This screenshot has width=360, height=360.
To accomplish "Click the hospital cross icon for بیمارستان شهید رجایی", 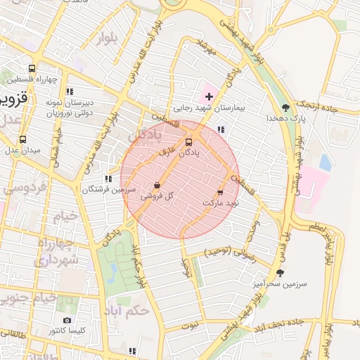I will pyautogui.click(x=209, y=95).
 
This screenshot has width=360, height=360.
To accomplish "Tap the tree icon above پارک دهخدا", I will pyautogui.click(x=285, y=107).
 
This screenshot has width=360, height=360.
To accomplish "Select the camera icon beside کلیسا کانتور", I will pyautogui.click(x=67, y=321).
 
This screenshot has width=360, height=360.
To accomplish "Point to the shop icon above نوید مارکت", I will pyautogui.click(x=221, y=191).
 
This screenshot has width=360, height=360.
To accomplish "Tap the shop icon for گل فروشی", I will pyautogui.click(x=157, y=186).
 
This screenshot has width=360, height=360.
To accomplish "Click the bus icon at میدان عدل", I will pyautogui.click(x=22, y=139).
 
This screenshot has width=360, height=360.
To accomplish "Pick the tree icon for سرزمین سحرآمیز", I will pyautogui.click(x=281, y=273).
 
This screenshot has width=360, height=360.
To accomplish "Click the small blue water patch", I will pyautogui.click(x=325, y=162).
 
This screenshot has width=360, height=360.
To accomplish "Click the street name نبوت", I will pyautogui.click(x=190, y=326).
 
